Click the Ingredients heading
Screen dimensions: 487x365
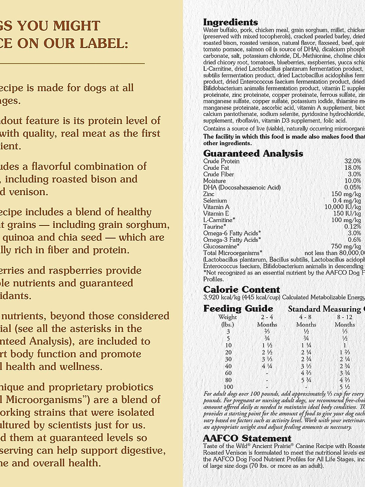point(231,22)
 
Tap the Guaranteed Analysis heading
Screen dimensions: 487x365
point(253,153)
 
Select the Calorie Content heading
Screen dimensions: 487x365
point(242,289)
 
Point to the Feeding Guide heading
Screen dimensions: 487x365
point(238,309)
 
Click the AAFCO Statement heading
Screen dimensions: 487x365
point(247,438)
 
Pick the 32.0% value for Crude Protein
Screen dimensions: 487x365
point(353,161)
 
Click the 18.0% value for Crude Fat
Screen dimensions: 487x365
point(353,168)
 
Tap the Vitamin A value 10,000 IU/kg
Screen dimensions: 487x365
point(343,207)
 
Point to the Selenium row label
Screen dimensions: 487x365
point(215,200)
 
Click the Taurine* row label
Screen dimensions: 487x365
point(214,226)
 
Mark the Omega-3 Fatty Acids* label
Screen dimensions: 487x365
point(232,239)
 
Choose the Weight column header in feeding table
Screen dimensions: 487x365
point(228,317)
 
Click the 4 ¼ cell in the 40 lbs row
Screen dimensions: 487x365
point(267,365)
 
